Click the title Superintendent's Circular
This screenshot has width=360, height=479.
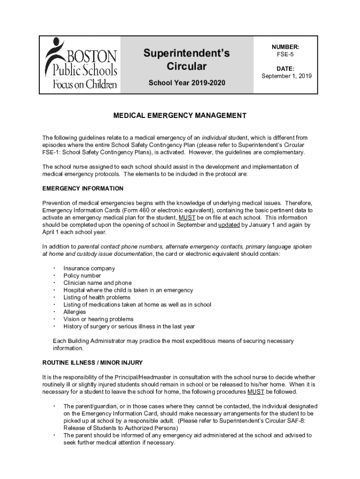187,59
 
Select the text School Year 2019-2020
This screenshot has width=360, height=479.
187,83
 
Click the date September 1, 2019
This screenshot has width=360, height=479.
286,76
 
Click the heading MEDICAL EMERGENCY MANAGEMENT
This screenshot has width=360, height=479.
180,115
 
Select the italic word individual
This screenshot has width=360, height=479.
214,138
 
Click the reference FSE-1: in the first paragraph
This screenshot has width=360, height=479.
51,152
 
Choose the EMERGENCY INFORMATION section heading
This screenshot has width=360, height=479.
83,189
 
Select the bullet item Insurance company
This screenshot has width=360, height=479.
89,269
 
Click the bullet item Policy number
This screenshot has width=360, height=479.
82,276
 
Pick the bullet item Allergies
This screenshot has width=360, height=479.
74,312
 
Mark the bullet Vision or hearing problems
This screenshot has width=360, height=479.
98,319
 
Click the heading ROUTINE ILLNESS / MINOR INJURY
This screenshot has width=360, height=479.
93,363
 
